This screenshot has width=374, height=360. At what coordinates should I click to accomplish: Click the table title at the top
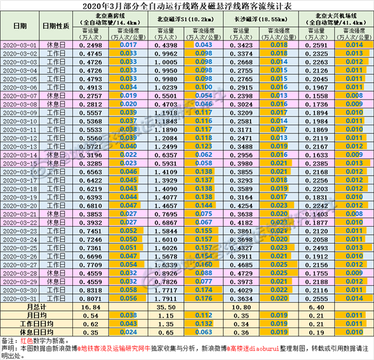[x=186, y=5]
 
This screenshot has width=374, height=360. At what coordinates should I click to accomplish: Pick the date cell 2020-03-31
[x=19, y=298]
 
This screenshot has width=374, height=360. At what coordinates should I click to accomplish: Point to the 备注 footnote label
[x=9, y=341]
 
